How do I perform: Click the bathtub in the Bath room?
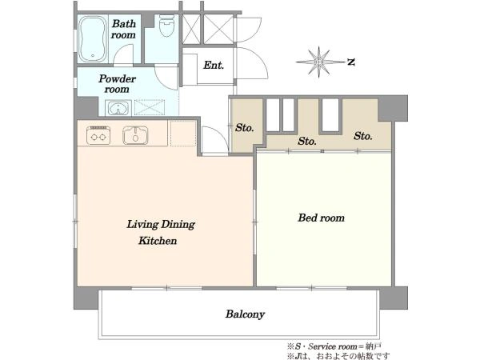(x=92, y=39)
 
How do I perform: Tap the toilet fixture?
(x=167, y=26)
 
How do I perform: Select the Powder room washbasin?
(x=118, y=108)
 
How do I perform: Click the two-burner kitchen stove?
(x=98, y=135)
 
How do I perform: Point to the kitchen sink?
(x=135, y=135)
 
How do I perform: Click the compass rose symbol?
(x=318, y=62)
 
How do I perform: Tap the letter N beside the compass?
(x=351, y=62)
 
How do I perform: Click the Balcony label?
(x=245, y=314)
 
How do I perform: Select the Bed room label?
(x=321, y=218)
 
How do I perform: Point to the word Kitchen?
(x=158, y=241)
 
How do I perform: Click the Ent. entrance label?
(x=214, y=65)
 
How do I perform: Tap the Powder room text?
(x=117, y=83)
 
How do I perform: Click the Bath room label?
(x=123, y=29)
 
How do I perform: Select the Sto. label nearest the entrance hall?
(x=244, y=127)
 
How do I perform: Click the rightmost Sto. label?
(x=362, y=136)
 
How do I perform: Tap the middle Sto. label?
(x=306, y=141)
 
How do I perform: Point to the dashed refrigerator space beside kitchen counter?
(x=183, y=134)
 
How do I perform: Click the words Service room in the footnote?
(x=333, y=346)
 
